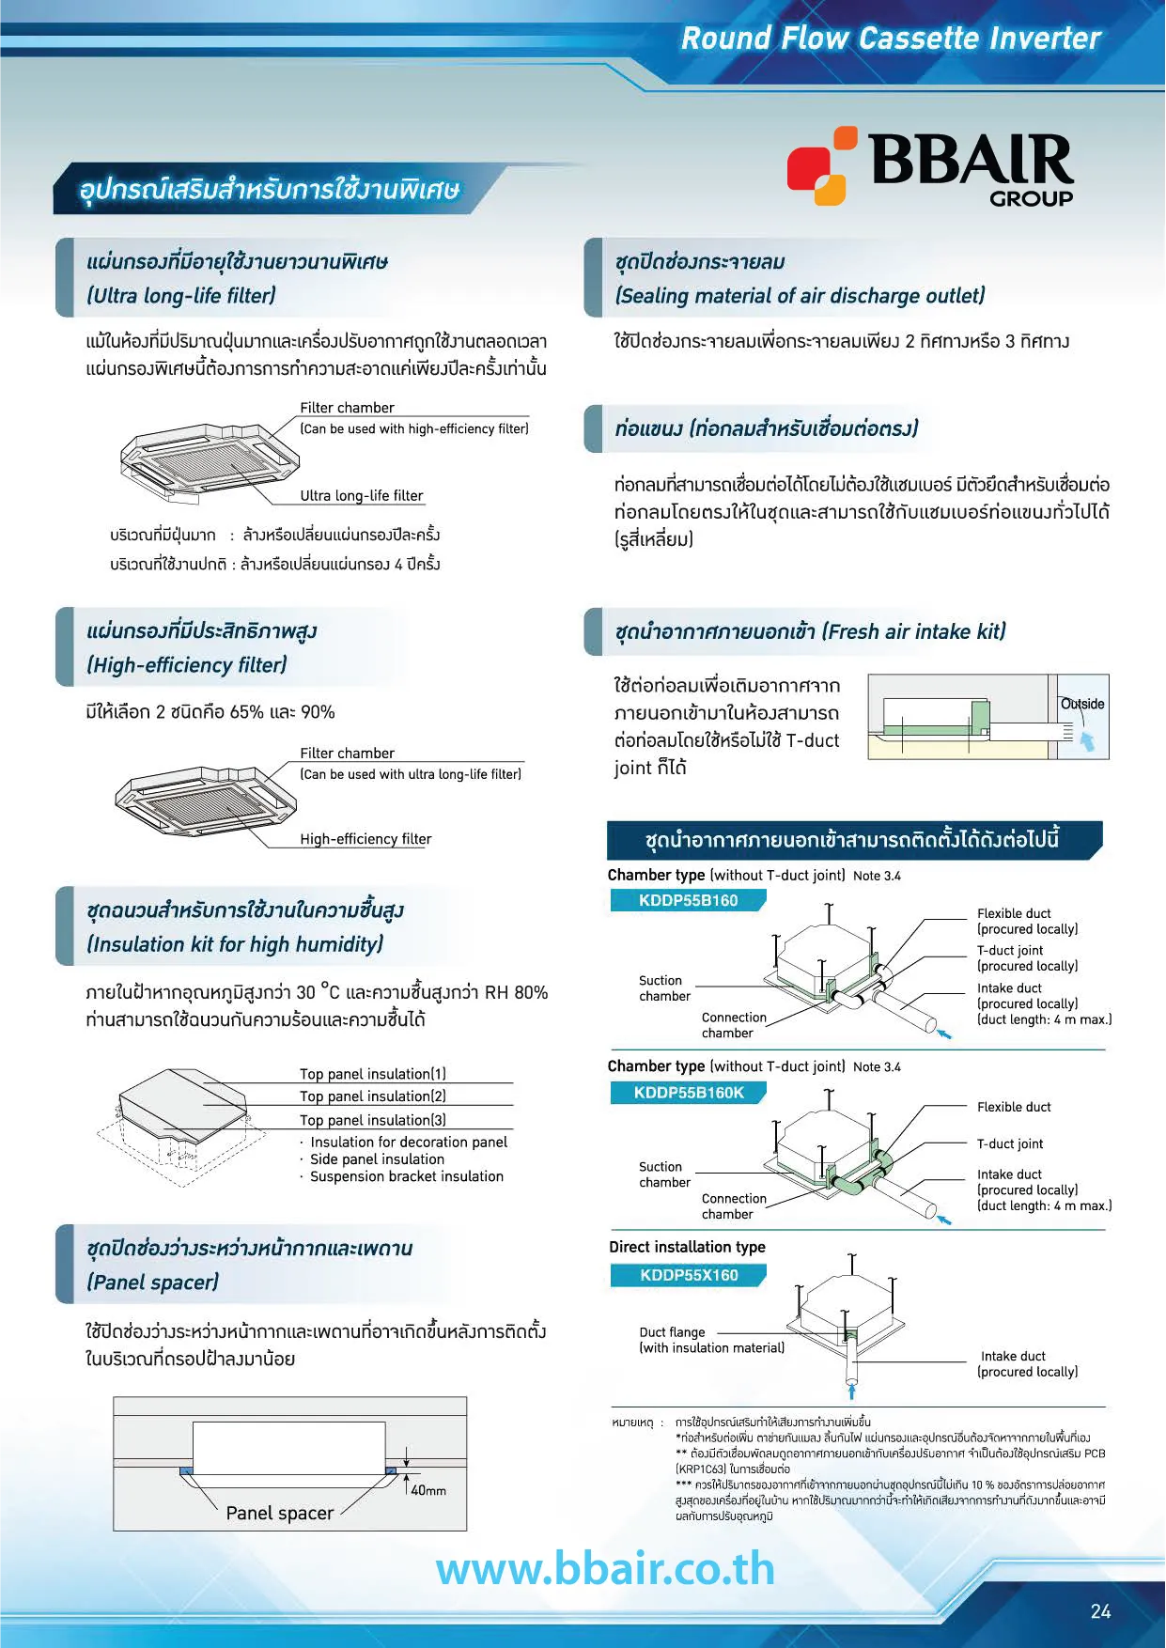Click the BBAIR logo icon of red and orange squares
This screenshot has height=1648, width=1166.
click(x=821, y=166)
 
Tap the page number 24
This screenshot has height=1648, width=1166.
click(x=1100, y=1611)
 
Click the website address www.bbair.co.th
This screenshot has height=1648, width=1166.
click(x=605, y=1570)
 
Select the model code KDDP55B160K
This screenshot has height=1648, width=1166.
click(x=689, y=1093)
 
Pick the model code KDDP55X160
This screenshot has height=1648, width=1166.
click(x=689, y=1275)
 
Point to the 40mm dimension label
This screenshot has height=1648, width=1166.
click(x=428, y=1490)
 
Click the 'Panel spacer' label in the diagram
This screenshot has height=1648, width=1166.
click(x=279, y=1513)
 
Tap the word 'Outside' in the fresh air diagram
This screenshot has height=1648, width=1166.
click(x=1082, y=704)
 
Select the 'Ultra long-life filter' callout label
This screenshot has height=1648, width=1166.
click(x=362, y=495)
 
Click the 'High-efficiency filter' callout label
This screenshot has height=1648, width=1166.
click(x=365, y=839)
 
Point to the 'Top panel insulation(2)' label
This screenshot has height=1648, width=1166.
click(x=373, y=1096)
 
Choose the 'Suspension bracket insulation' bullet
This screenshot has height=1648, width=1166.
click(x=406, y=1176)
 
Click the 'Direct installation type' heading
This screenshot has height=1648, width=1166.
click(x=687, y=1247)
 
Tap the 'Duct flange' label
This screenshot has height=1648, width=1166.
click(x=672, y=1332)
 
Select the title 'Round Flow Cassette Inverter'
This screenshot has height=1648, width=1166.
click(x=890, y=39)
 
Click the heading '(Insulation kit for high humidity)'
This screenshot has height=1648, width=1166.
click(x=235, y=944)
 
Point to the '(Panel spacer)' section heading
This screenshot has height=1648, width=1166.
click(x=152, y=1283)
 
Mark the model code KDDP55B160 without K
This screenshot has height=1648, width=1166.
click(x=688, y=900)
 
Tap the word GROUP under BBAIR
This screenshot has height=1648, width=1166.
click(x=1031, y=198)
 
